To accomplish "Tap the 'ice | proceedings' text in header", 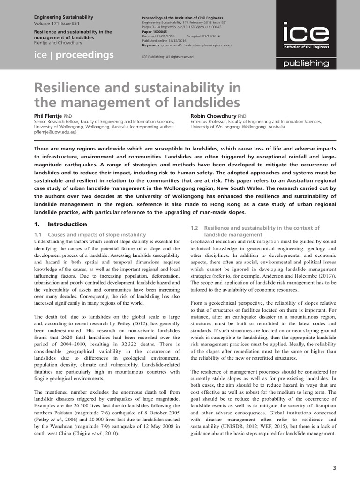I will click(x=74, y=55).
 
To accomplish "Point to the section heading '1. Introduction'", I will click(x=61, y=224).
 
